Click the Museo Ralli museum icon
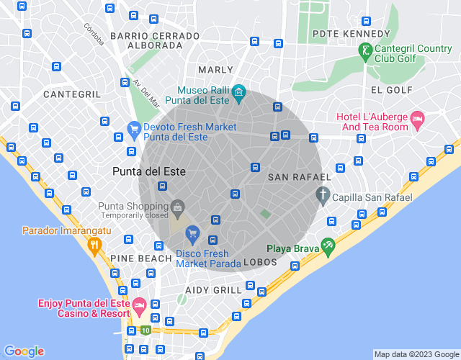tap(239, 94)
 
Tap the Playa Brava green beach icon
tap(328, 246)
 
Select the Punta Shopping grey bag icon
tap(177, 210)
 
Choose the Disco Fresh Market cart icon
tap(192, 233)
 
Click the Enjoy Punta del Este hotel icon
tap(139, 307)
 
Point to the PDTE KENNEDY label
tap(351, 34)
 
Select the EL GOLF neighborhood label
tap(391, 90)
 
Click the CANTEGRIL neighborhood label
tap(72, 94)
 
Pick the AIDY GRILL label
tap(213, 290)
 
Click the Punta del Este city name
tap(149, 172)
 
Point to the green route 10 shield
tap(146, 330)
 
